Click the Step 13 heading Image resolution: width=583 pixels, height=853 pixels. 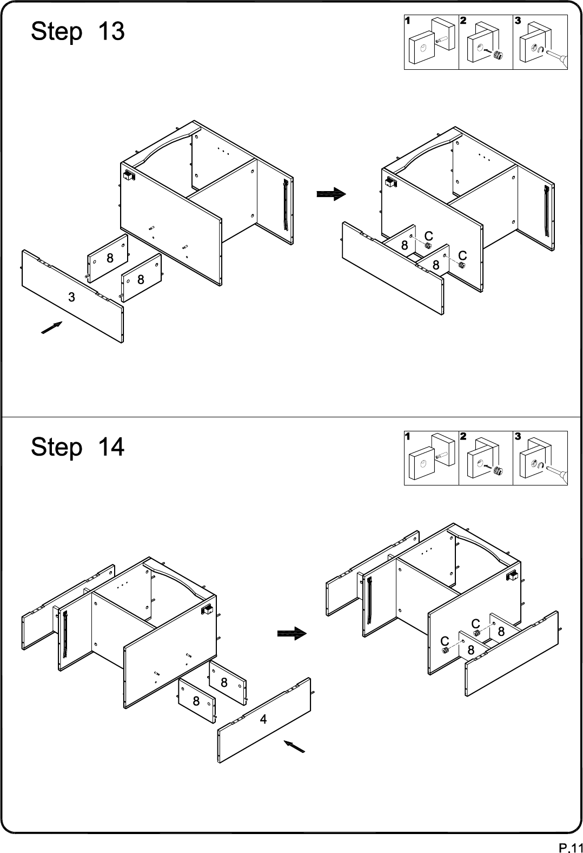(78, 31)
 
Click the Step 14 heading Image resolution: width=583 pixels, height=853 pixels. (78, 447)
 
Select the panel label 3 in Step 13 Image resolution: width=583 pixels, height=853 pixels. (71, 297)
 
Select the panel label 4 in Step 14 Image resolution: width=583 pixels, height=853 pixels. (263, 719)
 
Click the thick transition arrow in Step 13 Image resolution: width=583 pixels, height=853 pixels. (331, 194)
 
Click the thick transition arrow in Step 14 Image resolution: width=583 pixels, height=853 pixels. (292, 634)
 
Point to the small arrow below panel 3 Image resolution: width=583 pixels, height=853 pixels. (52, 327)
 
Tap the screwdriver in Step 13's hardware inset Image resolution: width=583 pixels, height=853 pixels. (556, 58)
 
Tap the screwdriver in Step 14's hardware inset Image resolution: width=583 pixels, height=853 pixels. (556, 474)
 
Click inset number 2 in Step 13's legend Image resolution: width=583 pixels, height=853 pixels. (463, 21)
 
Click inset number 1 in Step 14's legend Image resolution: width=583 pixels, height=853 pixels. (408, 436)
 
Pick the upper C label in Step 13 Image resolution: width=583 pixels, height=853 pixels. (428, 236)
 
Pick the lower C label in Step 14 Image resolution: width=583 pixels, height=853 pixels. (445, 641)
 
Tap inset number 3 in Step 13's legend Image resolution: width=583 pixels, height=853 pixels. (518, 21)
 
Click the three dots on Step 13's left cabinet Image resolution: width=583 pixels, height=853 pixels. (223, 151)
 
